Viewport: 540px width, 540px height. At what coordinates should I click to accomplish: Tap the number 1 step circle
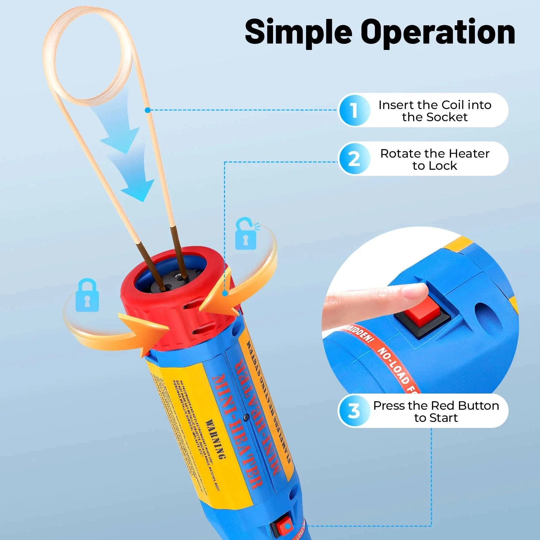[354, 110]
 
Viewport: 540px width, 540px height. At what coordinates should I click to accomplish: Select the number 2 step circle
[354, 159]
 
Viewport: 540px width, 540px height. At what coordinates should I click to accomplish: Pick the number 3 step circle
[354, 411]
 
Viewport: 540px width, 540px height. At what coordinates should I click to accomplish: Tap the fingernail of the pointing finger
[416, 291]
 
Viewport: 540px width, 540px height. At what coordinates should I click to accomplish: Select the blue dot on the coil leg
[147, 110]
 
